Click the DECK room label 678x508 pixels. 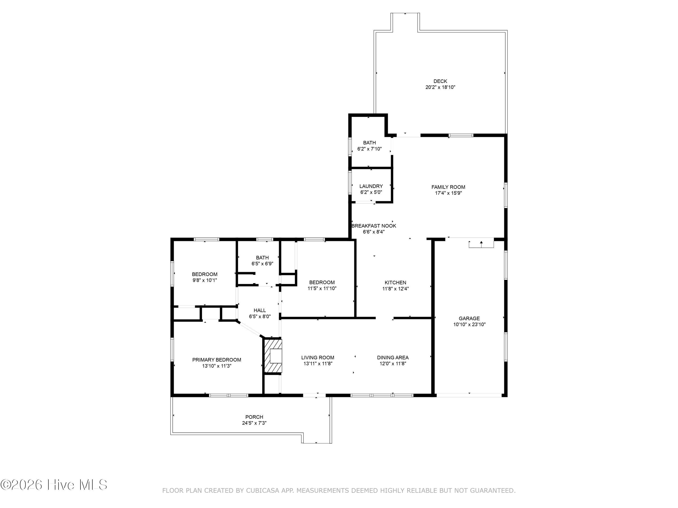pyautogui.click(x=440, y=81)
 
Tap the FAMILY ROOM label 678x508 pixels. pyautogui.click(x=448, y=187)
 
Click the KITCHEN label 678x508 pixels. pyautogui.click(x=395, y=283)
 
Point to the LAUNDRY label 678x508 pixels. pyautogui.click(x=371, y=186)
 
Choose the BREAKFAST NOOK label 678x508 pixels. pyautogui.click(x=374, y=226)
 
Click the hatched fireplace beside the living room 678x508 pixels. pyautogui.click(x=273, y=356)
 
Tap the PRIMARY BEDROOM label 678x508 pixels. pyautogui.click(x=217, y=360)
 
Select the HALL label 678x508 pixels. pyautogui.click(x=260, y=310)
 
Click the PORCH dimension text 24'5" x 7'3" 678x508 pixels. pyautogui.click(x=254, y=423)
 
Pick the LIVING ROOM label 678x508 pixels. pyautogui.click(x=318, y=358)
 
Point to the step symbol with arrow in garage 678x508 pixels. pyautogui.click(x=481, y=244)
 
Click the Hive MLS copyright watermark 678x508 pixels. pyautogui.click(x=54, y=485)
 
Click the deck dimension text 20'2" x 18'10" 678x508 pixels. pyautogui.click(x=440, y=87)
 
